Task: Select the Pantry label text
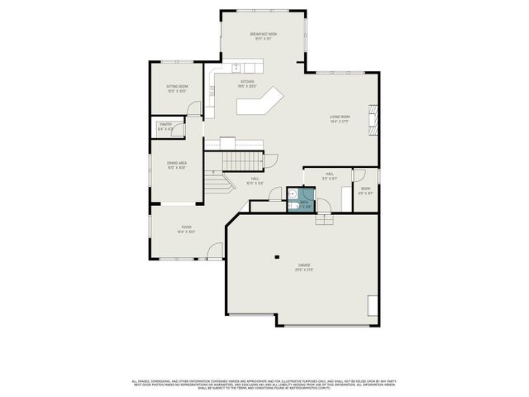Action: point(166,127)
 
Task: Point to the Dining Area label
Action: point(177,165)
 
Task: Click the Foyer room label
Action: point(186,230)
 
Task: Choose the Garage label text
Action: point(305,268)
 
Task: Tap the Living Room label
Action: point(340,119)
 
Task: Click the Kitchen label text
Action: point(246,84)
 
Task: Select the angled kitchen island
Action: point(260,103)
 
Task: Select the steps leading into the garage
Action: point(324,218)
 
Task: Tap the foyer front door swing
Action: point(215,250)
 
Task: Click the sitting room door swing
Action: point(193,109)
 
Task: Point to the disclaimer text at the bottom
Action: point(264,383)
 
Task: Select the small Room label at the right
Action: point(365,190)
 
